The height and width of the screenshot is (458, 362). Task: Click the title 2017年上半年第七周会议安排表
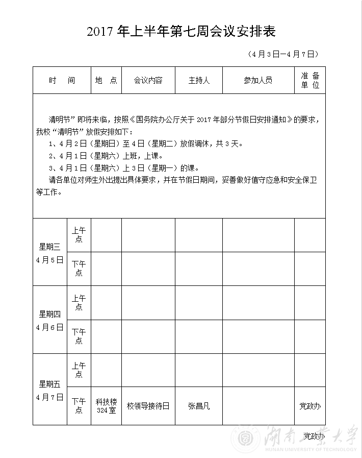click(181, 32)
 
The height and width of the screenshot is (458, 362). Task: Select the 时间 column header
click(62, 80)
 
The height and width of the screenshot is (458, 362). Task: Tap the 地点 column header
click(106, 80)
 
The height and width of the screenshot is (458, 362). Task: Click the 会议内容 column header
click(148, 80)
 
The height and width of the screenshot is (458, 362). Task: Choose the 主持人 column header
click(199, 80)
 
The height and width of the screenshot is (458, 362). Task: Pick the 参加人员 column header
click(258, 80)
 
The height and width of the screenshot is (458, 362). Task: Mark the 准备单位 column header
click(310, 80)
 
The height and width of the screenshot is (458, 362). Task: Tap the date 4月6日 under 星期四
click(50, 327)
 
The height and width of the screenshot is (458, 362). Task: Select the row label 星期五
click(50, 384)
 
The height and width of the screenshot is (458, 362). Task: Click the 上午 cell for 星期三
click(79, 235)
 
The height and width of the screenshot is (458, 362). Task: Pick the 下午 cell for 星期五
click(79, 406)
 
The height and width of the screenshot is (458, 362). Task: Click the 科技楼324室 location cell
click(106, 406)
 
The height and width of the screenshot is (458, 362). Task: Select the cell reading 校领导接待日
click(148, 406)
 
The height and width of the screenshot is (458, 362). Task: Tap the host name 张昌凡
click(199, 406)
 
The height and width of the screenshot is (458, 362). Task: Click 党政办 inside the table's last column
click(309, 406)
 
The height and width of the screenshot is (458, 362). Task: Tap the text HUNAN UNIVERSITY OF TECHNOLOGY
click(312, 449)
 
